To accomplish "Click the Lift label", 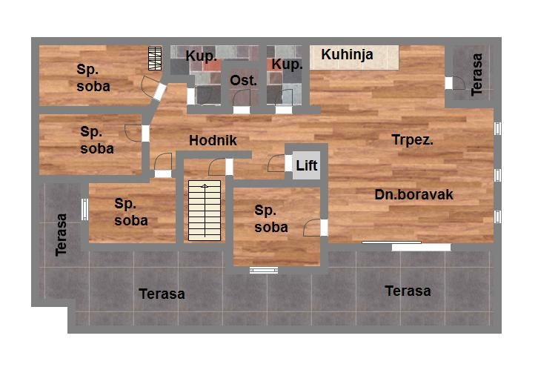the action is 306,165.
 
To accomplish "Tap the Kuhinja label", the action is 347,54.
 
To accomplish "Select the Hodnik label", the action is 213,140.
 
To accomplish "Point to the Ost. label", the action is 243,80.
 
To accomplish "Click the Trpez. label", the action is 413,139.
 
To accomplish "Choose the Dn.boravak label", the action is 414,194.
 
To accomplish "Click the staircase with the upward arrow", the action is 205,211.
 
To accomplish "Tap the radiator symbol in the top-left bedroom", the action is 155,59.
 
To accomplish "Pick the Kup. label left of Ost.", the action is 201,56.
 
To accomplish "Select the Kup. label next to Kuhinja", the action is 288,65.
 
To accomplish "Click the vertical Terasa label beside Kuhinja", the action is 476,74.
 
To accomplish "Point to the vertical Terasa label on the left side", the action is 61,235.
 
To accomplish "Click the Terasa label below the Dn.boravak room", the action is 408,291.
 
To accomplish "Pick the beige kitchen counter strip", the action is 354,57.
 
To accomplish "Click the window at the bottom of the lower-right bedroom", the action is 264,271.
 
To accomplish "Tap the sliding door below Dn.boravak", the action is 407,245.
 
